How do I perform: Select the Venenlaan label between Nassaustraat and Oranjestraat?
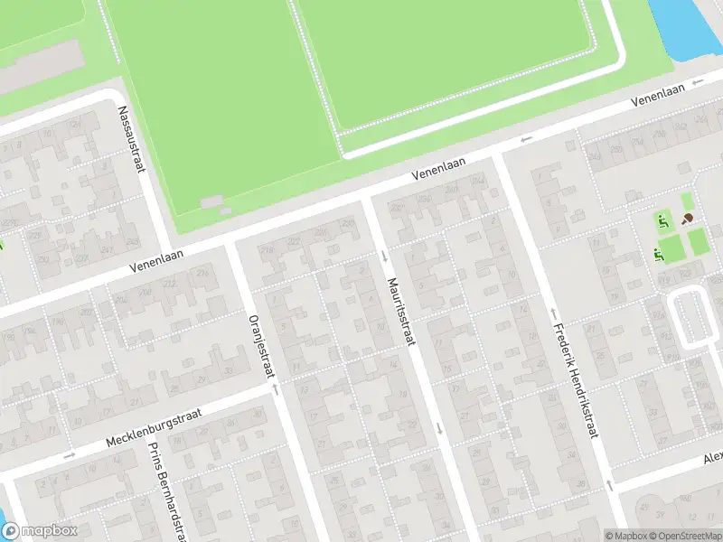coord(155,260)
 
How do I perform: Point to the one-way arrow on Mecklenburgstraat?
coord(69,454)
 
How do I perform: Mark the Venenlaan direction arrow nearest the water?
coord(696,82)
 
